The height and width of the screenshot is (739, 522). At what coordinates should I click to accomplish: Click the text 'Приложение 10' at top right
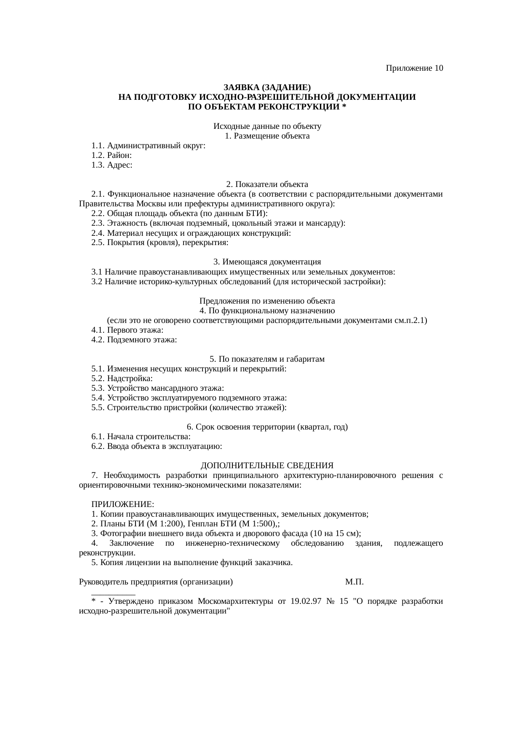click(414, 68)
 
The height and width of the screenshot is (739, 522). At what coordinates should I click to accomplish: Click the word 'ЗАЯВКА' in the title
click(241, 88)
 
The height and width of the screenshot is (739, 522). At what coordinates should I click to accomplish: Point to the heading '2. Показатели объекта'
click(267, 184)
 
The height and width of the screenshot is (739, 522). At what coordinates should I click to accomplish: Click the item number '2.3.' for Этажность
click(98, 223)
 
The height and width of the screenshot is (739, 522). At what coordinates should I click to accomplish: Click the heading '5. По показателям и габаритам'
click(267, 359)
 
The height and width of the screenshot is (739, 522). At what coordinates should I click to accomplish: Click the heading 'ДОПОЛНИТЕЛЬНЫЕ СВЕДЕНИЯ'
click(267, 466)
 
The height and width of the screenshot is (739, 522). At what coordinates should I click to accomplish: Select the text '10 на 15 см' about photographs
click(335, 534)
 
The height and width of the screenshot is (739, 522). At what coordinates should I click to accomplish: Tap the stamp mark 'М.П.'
click(354, 582)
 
